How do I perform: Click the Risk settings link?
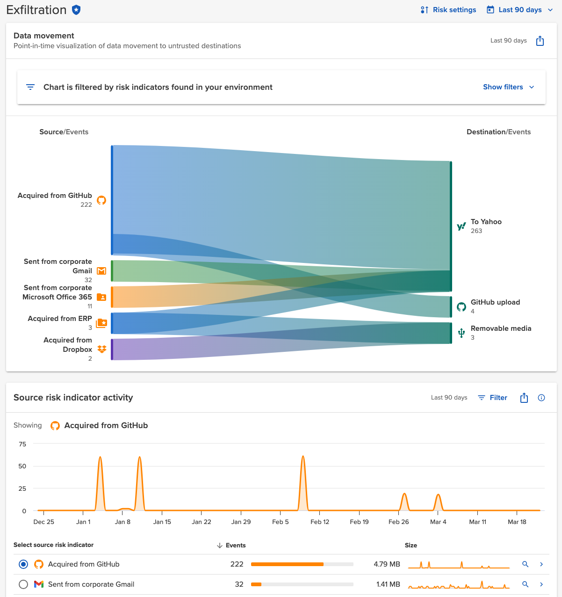pyautogui.click(x=448, y=10)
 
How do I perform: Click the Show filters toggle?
pyautogui.click(x=508, y=87)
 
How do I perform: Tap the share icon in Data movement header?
pyautogui.click(x=540, y=41)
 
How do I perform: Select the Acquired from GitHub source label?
pyautogui.click(x=55, y=196)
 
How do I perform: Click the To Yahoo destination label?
pyautogui.click(x=486, y=222)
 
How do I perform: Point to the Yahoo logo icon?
pyautogui.click(x=461, y=226)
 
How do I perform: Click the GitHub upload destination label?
pyautogui.click(x=495, y=302)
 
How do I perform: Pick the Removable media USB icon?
pyautogui.click(x=461, y=333)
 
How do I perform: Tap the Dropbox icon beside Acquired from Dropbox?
pyautogui.click(x=101, y=349)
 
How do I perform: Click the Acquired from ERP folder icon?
pyautogui.click(x=101, y=323)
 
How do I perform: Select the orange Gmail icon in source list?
pyautogui.click(x=101, y=271)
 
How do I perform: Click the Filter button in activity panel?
pyautogui.click(x=493, y=398)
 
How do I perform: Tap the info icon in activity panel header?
pyautogui.click(x=541, y=398)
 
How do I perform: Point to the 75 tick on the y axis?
pyautogui.click(x=22, y=444)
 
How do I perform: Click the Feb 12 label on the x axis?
pyautogui.click(x=320, y=522)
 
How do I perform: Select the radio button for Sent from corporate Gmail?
pyautogui.click(x=23, y=584)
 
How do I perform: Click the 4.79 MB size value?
pyautogui.click(x=387, y=564)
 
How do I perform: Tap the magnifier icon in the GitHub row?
pyautogui.click(x=526, y=564)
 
